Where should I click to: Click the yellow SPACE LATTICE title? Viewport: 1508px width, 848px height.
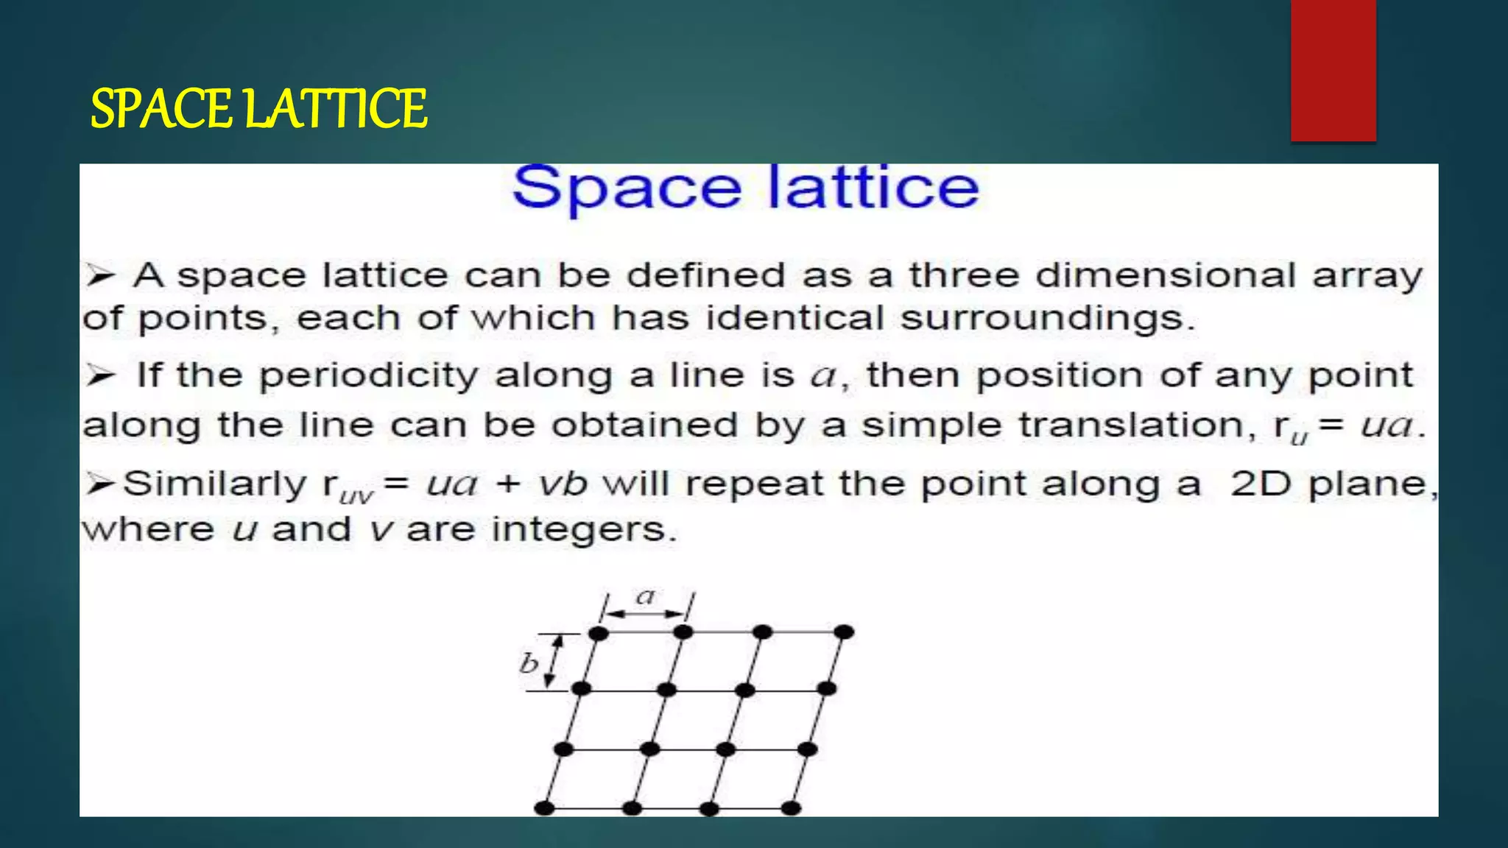(x=258, y=109)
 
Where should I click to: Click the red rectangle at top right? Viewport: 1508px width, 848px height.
(x=1333, y=70)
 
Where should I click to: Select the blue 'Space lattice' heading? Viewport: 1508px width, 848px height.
(x=745, y=188)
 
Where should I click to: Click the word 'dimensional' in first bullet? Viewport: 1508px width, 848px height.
(x=1165, y=275)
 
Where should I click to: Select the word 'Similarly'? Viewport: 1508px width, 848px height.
(x=214, y=484)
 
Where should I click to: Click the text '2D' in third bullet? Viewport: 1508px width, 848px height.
(x=1261, y=484)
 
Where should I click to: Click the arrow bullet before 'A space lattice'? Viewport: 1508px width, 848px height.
(x=100, y=276)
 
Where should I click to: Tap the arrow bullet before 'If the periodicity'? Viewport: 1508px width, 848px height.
(x=100, y=376)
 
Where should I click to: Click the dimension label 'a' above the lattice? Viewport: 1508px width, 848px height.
(x=646, y=596)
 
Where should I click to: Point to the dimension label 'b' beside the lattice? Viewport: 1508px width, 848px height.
(x=529, y=663)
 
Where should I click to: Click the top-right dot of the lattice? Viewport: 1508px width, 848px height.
(x=844, y=632)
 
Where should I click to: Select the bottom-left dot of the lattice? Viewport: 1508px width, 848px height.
(x=544, y=808)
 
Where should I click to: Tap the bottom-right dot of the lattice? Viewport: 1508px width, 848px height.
(x=791, y=808)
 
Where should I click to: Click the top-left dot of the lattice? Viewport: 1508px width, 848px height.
(x=599, y=633)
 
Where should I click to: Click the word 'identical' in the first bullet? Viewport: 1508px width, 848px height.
(x=794, y=319)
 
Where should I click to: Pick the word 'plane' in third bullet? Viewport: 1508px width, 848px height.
(x=1367, y=484)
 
